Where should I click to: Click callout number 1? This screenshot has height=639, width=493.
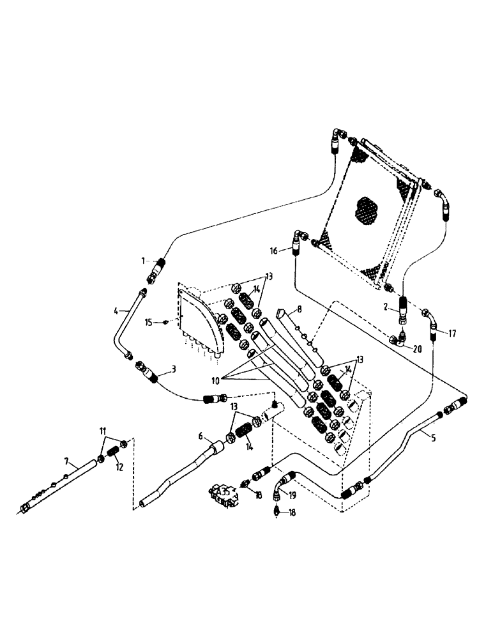[x=144, y=261]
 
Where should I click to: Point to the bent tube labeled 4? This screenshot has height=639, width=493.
[x=121, y=326]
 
